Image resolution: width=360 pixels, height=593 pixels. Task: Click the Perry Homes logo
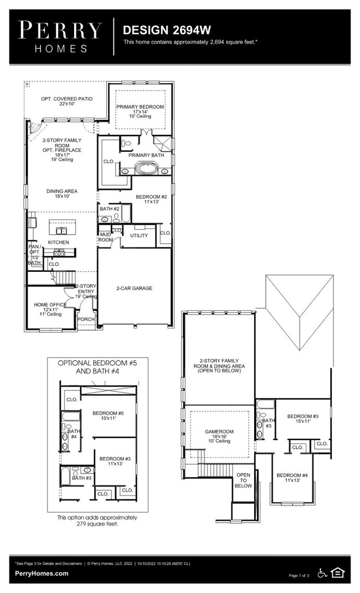pyautogui.click(x=60, y=37)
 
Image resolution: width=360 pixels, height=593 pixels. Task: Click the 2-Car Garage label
pyautogui.click(x=134, y=288)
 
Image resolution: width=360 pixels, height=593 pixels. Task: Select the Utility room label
pyautogui.click(x=139, y=235)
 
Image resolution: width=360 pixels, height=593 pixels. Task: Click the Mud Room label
pyautogui.click(x=105, y=238)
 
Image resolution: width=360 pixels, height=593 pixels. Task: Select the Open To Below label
pyautogui.click(x=243, y=480)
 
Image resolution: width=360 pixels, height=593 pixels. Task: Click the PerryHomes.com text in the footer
pyautogui.click(x=42, y=574)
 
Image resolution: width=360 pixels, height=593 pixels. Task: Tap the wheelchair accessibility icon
pyautogui.click(x=322, y=573)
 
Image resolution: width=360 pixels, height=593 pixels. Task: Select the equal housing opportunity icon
pyautogui.click(x=337, y=573)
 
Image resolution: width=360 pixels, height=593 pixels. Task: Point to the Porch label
pyautogui.click(x=86, y=319)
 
